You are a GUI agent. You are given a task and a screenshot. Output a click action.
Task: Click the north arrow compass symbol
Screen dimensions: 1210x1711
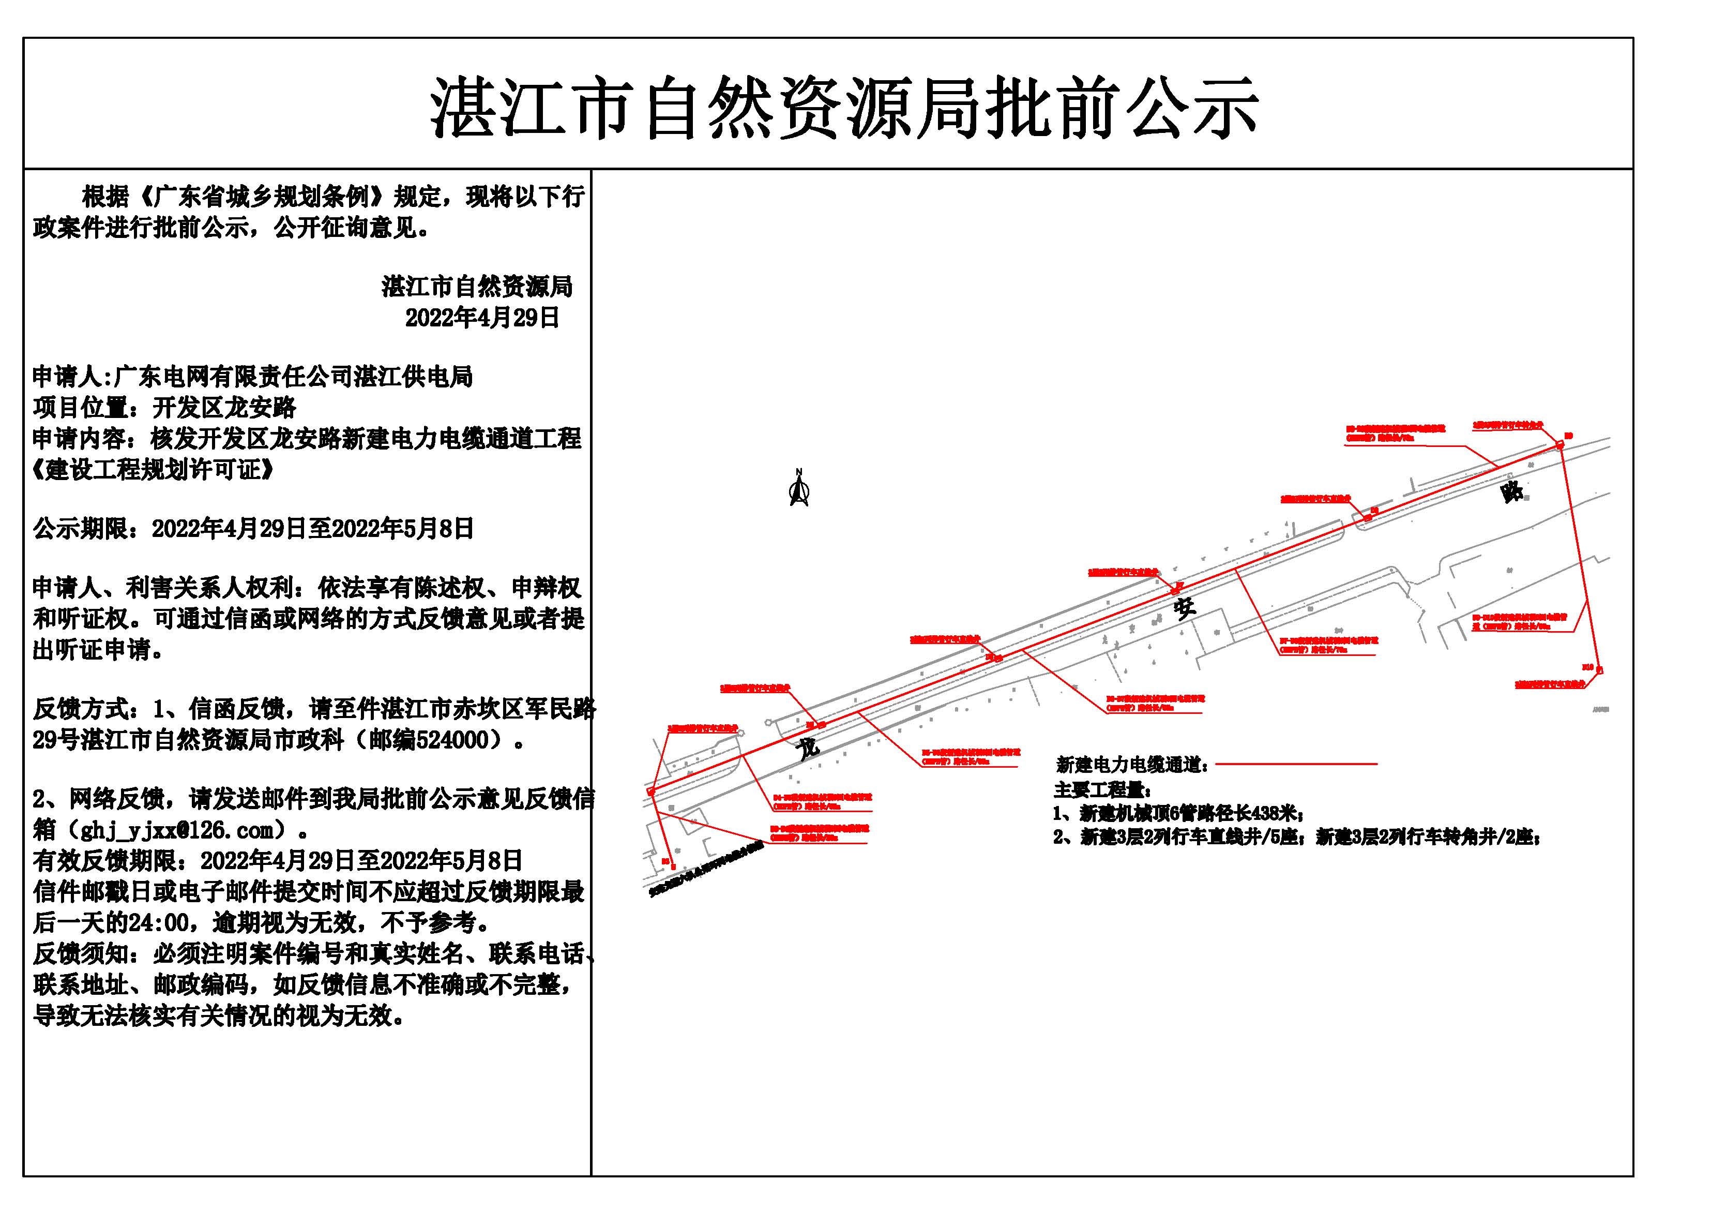click(799, 490)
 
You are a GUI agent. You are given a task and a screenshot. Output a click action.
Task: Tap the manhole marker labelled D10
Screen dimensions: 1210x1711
click(1599, 670)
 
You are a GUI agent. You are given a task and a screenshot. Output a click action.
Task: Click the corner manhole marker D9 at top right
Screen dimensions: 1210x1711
click(1559, 445)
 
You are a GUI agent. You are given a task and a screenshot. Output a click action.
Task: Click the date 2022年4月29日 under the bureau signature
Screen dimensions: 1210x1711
click(482, 318)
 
